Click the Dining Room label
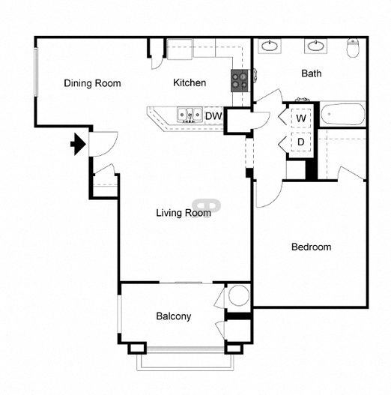(x=92, y=83)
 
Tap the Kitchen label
(x=190, y=82)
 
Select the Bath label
(x=311, y=73)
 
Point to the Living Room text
(x=183, y=213)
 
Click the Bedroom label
(x=311, y=247)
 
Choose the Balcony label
(x=174, y=316)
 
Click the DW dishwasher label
(x=213, y=116)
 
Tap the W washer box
(x=300, y=119)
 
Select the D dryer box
(x=300, y=142)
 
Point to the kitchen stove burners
(x=240, y=79)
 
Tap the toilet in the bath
(x=354, y=49)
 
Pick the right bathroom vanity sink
(x=315, y=46)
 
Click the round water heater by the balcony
(x=239, y=295)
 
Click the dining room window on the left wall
(x=34, y=73)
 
